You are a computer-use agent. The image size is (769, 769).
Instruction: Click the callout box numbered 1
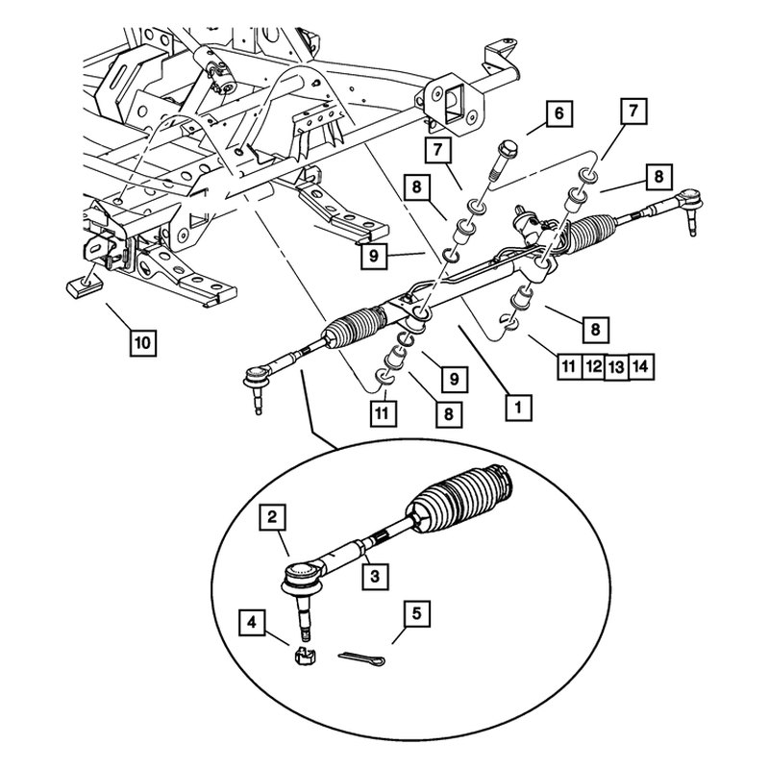point(516,408)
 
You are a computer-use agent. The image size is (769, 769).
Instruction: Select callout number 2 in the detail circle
point(274,519)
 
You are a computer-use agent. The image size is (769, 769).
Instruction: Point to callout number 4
point(253,623)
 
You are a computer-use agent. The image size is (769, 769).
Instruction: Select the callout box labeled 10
point(141,341)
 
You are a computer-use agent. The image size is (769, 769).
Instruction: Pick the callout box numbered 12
point(593,365)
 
